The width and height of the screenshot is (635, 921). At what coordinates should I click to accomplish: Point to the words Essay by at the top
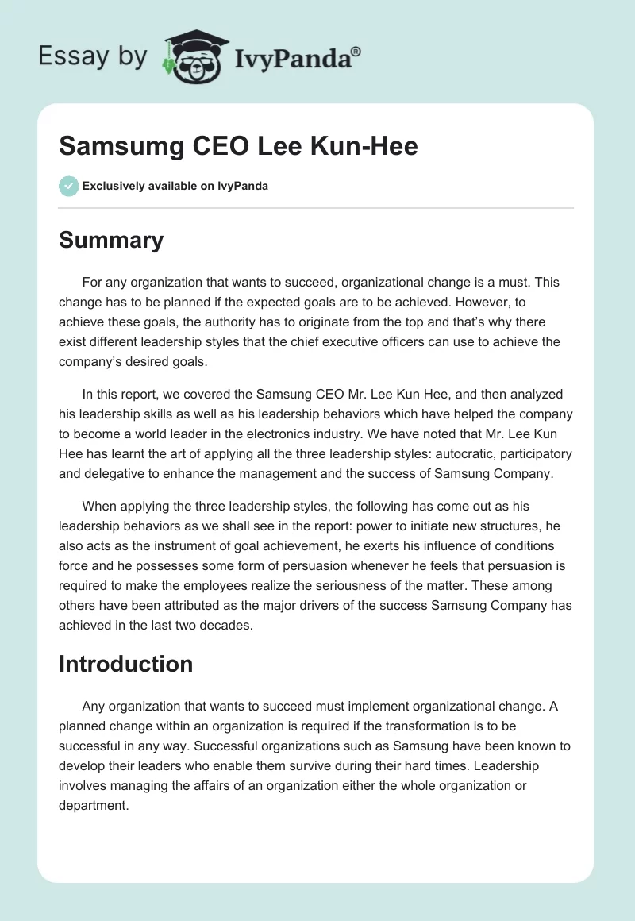(x=92, y=56)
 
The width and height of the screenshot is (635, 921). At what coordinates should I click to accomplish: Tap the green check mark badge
(x=68, y=186)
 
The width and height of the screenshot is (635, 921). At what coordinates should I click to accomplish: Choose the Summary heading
(x=111, y=240)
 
